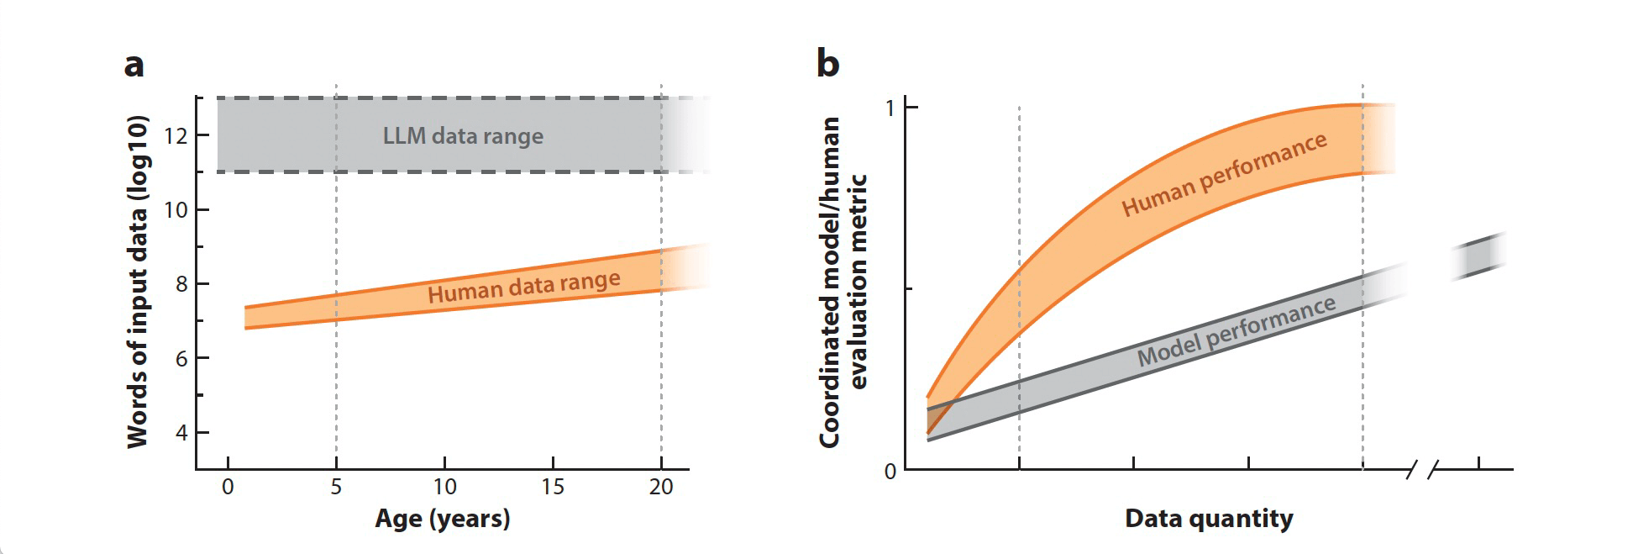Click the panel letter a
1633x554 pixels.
click(134, 66)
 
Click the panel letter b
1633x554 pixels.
click(827, 64)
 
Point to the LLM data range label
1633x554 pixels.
click(463, 136)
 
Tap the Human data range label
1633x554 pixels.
click(524, 288)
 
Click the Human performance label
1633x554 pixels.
click(1224, 175)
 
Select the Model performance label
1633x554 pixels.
click(1236, 332)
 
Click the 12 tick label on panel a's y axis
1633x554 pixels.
click(176, 135)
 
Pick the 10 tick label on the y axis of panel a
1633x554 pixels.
click(176, 210)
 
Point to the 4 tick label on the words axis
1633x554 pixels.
click(181, 433)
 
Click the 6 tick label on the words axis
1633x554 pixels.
click(181, 359)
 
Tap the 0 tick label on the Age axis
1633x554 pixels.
click(228, 487)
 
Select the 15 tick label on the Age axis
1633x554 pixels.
click(553, 487)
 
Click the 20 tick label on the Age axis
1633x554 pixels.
click(661, 487)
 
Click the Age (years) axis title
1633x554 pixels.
click(443, 519)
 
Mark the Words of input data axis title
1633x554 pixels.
click(138, 282)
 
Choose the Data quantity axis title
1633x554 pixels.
click(1209, 519)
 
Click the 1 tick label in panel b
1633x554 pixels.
click(890, 108)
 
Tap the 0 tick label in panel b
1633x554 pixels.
click(890, 472)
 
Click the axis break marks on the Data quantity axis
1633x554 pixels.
click(1423, 469)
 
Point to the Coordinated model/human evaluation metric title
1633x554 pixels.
click(842, 282)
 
